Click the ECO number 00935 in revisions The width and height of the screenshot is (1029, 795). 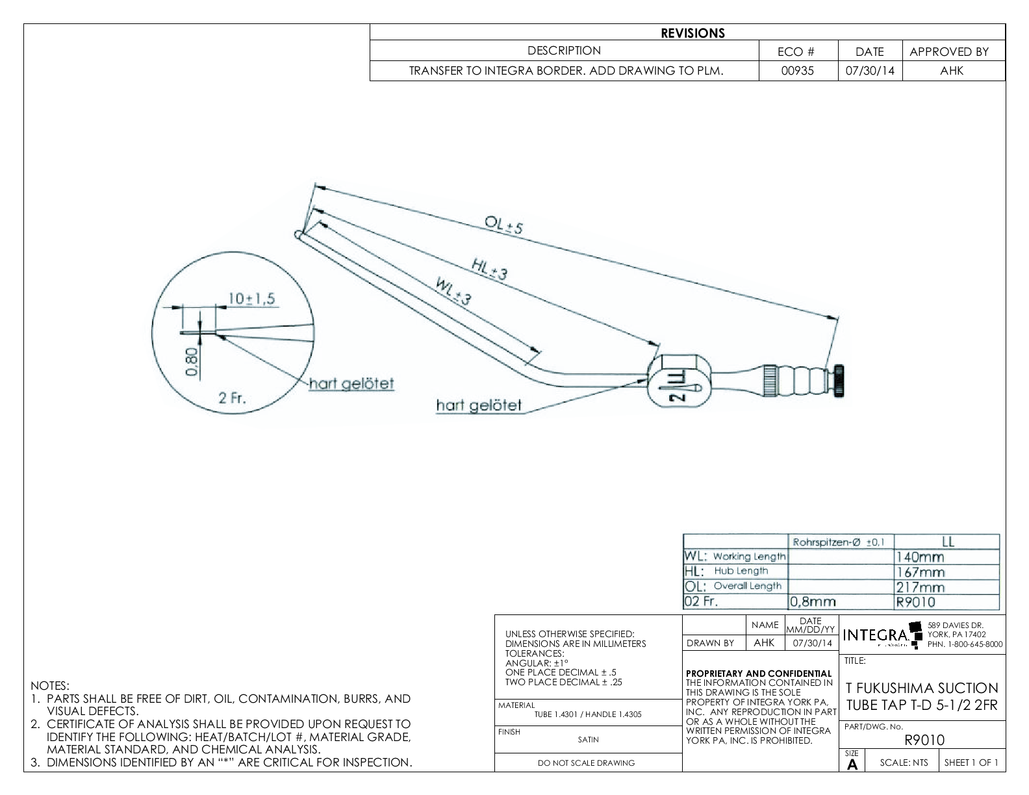(x=798, y=71)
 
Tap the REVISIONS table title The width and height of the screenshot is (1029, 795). (x=692, y=33)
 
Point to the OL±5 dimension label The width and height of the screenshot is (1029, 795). (x=503, y=225)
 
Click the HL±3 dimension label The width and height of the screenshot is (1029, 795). (x=489, y=269)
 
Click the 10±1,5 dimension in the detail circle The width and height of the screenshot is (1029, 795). (x=251, y=298)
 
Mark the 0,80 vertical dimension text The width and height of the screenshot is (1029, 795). (x=192, y=362)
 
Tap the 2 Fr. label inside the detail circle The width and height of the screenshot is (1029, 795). (x=232, y=398)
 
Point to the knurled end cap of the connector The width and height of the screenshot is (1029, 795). (x=839, y=378)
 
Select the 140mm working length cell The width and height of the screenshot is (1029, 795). (x=919, y=557)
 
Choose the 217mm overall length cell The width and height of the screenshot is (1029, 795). (x=919, y=587)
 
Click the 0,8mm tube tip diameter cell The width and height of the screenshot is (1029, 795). (x=812, y=601)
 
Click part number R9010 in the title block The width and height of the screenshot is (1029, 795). (x=924, y=740)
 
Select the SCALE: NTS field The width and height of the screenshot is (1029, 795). (x=904, y=763)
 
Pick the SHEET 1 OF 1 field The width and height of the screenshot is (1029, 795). (x=971, y=763)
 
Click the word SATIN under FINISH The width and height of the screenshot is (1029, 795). (x=588, y=739)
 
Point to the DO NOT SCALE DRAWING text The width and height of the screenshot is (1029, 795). (x=586, y=763)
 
